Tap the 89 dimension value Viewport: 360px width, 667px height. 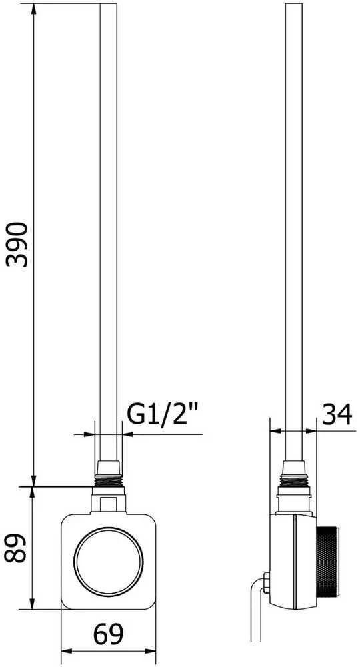16,548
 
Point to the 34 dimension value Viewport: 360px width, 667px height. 337,414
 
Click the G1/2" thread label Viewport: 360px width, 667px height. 163,414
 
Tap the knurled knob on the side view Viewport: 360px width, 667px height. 327,561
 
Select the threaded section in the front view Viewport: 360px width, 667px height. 109,481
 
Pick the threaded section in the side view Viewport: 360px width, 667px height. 294,481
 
